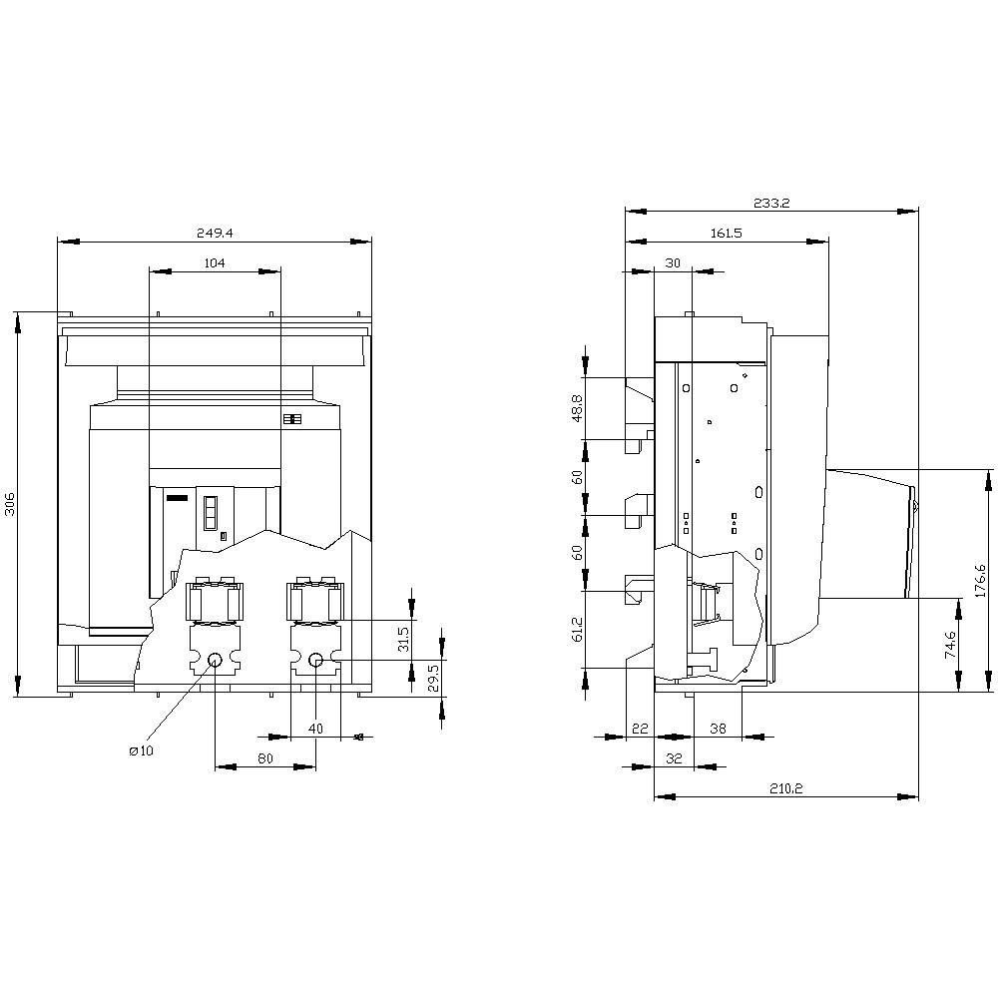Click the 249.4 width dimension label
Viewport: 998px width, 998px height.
point(214,233)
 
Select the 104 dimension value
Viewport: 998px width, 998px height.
point(214,263)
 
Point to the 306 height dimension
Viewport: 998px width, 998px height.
point(10,505)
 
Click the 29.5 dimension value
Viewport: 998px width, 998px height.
point(432,678)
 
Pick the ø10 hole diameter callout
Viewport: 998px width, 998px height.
point(141,750)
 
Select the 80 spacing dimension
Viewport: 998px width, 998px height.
point(265,758)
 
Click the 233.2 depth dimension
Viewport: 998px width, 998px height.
point(771,203)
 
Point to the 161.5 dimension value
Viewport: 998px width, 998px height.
point(726,233)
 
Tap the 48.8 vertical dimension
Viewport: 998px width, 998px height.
point(578,409)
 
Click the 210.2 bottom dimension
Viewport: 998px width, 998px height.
point(785,788)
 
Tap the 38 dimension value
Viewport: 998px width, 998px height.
point(718,729)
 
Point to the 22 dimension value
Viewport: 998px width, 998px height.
point(640,729)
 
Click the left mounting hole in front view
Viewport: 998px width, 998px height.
point(216,660)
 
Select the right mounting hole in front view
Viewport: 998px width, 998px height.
point(315,660)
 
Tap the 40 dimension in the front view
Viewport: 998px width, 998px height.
point(315,729)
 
